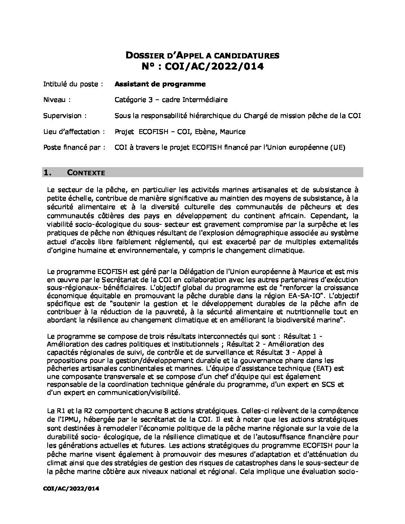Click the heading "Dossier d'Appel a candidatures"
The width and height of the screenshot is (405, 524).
point(202,56)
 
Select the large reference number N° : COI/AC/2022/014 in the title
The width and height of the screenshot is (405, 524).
point(202,67)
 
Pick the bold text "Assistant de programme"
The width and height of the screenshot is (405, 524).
point(160,84)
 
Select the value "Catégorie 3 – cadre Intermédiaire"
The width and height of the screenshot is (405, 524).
point(171,100)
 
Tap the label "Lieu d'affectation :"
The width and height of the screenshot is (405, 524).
point(74,132)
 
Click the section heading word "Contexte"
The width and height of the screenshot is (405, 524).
point(86,173)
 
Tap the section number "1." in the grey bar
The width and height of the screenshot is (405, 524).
point(48,173)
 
